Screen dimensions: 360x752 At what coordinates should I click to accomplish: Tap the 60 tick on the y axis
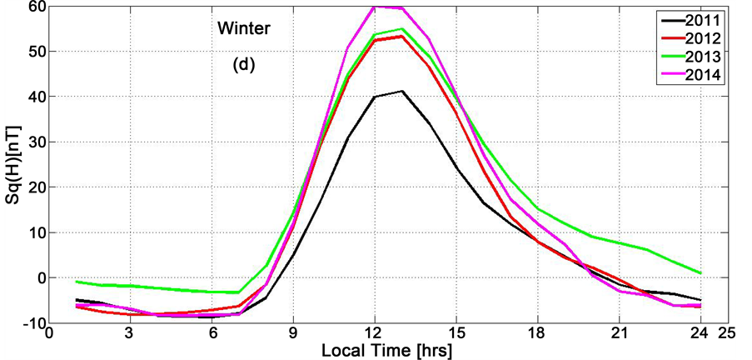pos(35,7)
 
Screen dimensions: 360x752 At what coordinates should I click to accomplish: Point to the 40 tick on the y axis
pos(35,97)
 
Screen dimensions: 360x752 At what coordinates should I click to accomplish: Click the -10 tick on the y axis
pos(32,322)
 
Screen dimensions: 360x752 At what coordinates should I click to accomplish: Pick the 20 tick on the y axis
pos(35,187)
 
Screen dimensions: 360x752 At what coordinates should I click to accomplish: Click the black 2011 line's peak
pos(402,91)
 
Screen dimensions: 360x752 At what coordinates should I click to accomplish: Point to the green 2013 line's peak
pos(402,28)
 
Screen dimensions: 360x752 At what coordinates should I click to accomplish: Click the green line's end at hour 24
pos(700,272)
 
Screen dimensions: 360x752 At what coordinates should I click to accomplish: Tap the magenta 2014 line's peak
pos(375,6)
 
